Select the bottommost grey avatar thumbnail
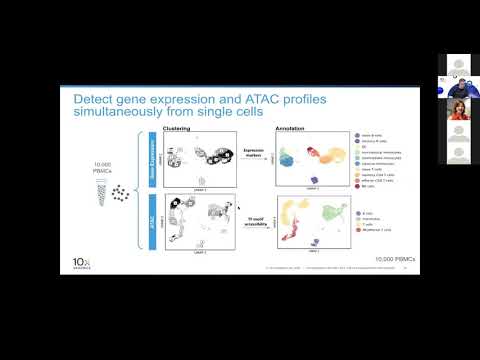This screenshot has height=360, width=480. point(458,154)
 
